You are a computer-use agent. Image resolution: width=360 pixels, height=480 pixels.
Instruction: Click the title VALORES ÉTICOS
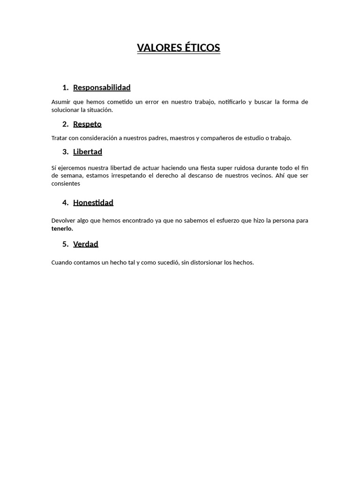point(178,48)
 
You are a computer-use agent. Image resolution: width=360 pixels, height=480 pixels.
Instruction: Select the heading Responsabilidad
point(102,88)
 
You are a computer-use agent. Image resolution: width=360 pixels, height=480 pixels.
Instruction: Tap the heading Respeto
point(87,124)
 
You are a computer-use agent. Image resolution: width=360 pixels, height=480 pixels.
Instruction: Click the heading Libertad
point(87,152)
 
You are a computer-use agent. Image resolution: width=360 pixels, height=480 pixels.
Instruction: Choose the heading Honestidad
point(93,202)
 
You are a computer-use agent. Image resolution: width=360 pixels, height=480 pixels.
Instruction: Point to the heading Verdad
point(85,244)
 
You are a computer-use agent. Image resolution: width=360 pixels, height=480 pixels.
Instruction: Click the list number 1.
point(65,88)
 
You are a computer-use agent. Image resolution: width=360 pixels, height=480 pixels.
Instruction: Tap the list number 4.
point(65,202)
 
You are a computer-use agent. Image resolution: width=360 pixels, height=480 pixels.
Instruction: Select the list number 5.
point(65,244)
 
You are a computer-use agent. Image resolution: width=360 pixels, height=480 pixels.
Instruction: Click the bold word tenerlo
point(62,229)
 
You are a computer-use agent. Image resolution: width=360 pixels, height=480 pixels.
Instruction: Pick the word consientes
point(66,184)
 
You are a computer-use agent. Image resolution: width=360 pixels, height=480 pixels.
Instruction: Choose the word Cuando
point(62,262)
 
